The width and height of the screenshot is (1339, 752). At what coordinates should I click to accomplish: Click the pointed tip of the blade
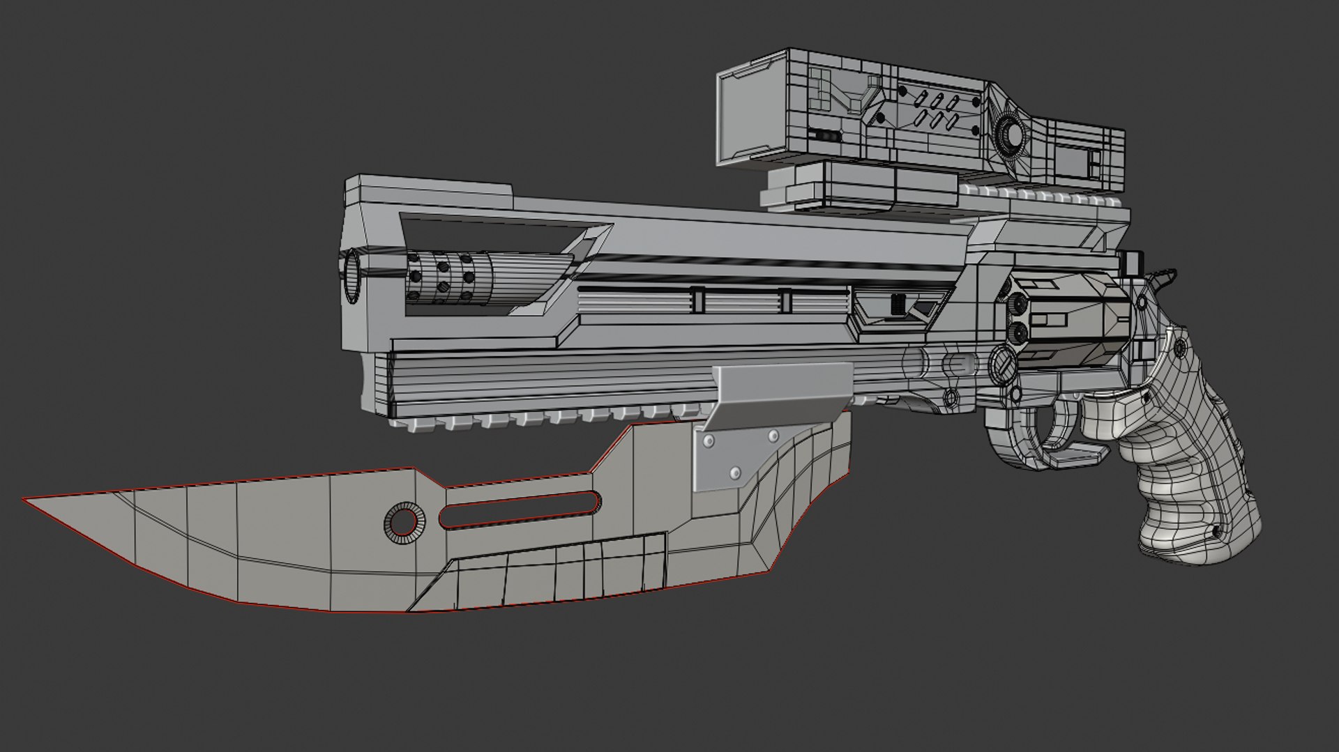27,500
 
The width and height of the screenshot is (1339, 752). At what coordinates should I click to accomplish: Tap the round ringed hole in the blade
403,521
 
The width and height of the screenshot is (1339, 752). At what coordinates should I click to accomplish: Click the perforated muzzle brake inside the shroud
446,277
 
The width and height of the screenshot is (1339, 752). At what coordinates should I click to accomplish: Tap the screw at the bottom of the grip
1216,532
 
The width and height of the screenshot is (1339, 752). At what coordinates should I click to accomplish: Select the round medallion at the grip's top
1181,348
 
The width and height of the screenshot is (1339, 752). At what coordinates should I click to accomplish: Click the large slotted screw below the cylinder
1001,364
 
